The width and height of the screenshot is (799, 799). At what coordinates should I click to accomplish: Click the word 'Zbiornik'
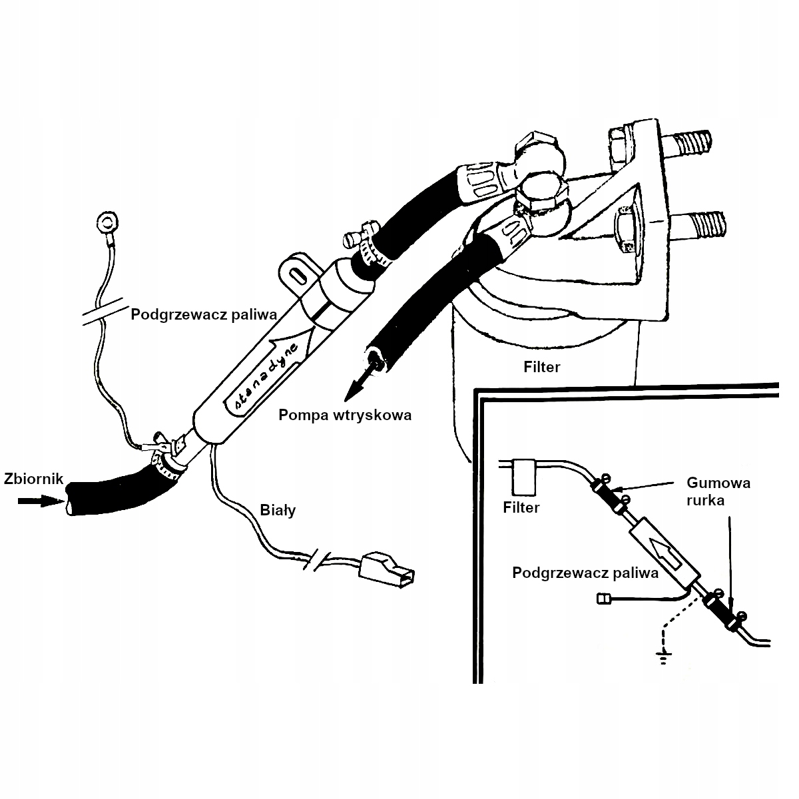(33, 478)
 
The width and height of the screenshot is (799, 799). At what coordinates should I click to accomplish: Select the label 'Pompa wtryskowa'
(346, 415)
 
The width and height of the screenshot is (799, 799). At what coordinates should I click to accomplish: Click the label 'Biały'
(277, 511)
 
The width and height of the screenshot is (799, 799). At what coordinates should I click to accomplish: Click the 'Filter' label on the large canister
(542, 366)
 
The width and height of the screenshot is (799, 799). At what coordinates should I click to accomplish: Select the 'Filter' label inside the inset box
(521, 507)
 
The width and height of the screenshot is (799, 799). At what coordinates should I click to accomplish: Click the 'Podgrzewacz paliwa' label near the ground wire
(203, 314)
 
